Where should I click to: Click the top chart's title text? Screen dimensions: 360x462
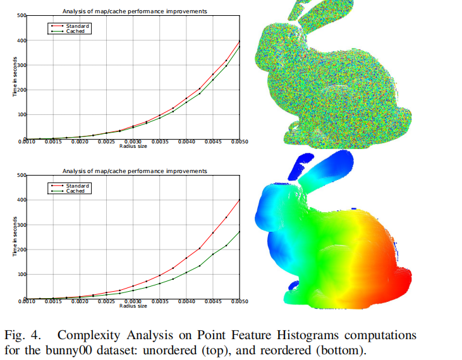tap(134, 11)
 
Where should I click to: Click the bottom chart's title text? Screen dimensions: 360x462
tap(134, 171)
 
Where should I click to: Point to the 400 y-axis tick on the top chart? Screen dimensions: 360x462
tap(21, 40)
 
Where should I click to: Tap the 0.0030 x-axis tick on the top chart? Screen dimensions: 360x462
tap(133, 142)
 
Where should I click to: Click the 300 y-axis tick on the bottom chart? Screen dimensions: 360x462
tap(21, 225)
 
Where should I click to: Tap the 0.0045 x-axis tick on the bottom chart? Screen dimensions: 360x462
tap(213, 302)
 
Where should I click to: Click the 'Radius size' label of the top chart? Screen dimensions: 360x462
tap(133, 147)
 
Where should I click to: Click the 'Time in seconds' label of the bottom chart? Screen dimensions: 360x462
tap(15, 237)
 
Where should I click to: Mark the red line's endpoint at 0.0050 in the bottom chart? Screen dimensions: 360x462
tap(240, 200)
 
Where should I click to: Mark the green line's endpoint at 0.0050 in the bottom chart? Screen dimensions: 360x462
tap(240, 232)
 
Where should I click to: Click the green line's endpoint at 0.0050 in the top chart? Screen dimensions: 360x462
tap(240, 47)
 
